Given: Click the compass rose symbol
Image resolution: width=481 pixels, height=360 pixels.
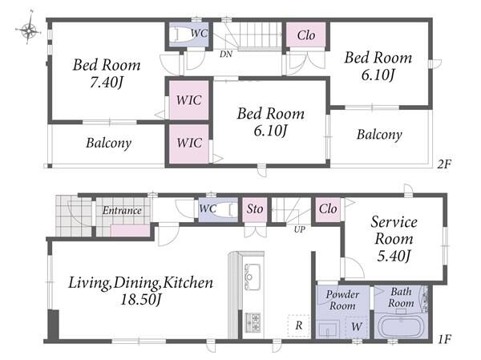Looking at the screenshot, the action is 28,30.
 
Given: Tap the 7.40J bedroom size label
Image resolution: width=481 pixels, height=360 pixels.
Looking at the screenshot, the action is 107,83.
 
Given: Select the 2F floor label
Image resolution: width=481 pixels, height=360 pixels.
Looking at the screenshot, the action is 444,164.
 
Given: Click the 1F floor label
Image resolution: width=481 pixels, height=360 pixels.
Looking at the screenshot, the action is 444,339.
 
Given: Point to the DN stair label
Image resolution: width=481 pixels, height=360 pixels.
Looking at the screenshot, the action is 226,54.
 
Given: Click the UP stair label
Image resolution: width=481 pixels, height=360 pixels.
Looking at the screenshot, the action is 299,229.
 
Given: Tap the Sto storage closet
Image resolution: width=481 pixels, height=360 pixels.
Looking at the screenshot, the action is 255,209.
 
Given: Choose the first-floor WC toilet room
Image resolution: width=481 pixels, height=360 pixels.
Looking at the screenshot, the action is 218,209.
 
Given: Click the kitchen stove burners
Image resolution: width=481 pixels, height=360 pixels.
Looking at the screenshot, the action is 253,322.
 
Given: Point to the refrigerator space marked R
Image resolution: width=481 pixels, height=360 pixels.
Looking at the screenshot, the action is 298,326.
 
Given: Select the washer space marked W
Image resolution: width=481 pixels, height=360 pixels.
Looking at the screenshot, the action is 357,327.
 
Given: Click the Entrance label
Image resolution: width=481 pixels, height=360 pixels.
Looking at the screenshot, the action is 122,211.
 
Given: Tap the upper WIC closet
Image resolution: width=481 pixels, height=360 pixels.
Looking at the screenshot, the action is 189,100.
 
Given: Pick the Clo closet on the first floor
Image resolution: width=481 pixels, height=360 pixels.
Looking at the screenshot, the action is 328,209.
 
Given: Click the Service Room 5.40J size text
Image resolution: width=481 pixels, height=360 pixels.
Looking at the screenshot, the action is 394,256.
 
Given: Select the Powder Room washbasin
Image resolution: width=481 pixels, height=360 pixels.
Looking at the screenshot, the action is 328,330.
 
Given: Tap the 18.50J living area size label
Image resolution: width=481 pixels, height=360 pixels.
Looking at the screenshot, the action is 141,300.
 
